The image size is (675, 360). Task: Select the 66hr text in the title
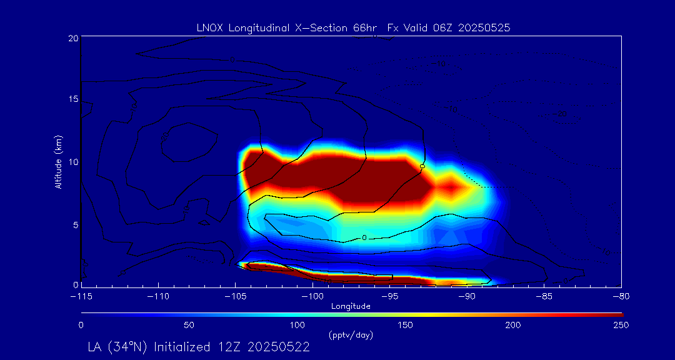pyautogui.click(x=364, y=27)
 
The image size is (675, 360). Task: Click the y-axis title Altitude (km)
pyautogui.click(x=58, y=162)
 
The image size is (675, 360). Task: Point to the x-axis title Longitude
pyautogui.click(x=351, y=306)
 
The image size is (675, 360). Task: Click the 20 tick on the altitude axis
pyautogui.click(x=73, y=38)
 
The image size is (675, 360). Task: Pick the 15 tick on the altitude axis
pyautogui.click(x=73, y=100)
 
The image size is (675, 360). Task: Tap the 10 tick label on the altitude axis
pyautogui.click(x=73, y=162)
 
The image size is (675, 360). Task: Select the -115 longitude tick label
pyautogui.click(x=81, y=296)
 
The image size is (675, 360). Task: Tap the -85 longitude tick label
pyautogui.click(x=544, y=296)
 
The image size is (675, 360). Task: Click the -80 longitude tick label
pyautogui.click(x=620, y=296)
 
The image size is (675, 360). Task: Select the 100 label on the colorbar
pyautogui.click(x=297, y=325)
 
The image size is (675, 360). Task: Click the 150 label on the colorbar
pyautogui.click(x=405, y=325)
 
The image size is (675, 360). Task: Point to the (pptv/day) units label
pyautogui.click(x=351, y=335)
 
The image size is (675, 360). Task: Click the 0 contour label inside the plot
pyautogui.click(x=364, y=237)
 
